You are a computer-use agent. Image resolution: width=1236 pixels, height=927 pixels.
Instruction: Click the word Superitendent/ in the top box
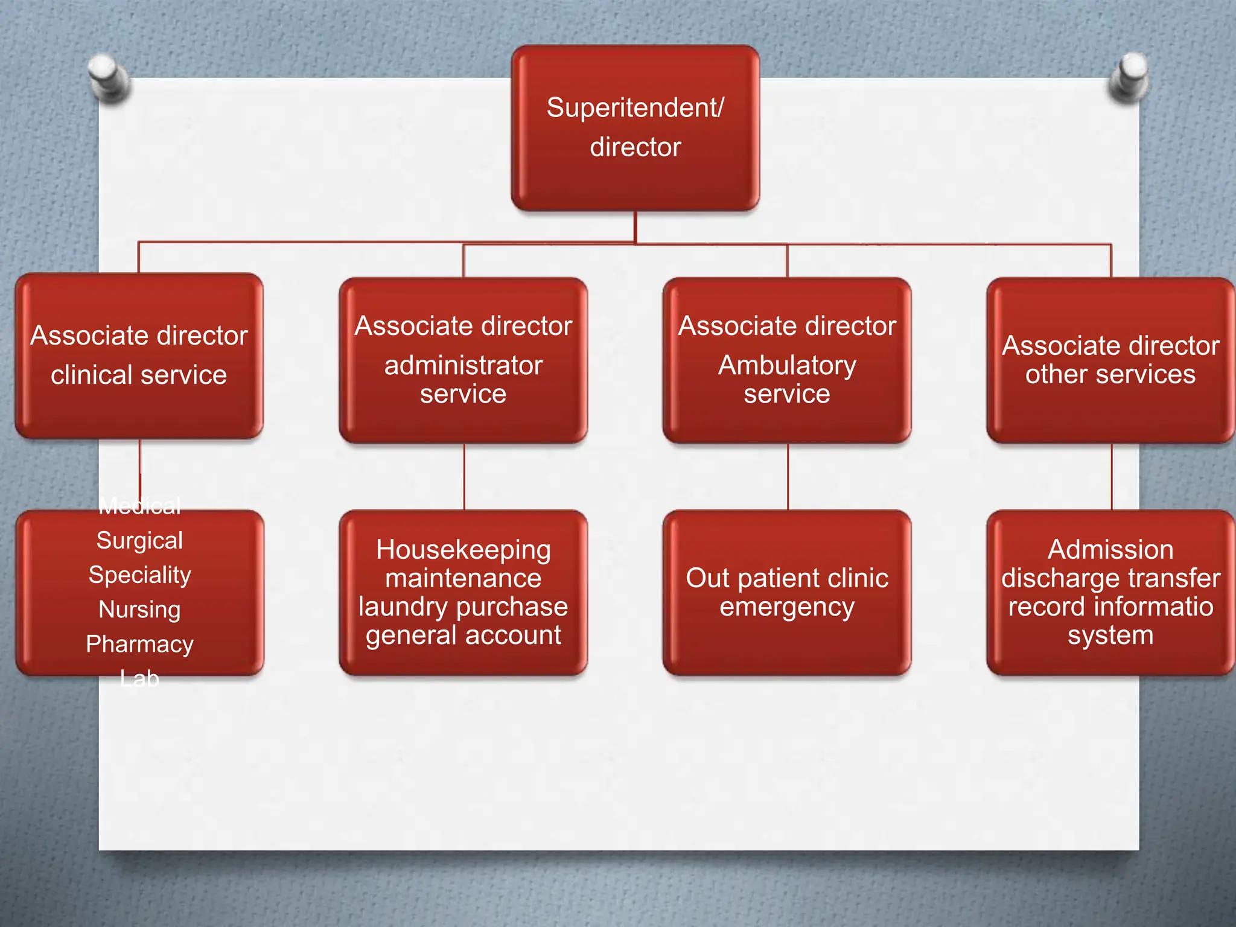click(x=635, y=108)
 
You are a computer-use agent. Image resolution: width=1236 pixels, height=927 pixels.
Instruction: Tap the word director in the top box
click(x=635, y=147)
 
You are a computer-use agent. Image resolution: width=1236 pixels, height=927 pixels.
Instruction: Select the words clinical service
click(x=139, y=375)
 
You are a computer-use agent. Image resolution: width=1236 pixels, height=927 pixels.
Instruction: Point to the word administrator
click(x=463, y=366)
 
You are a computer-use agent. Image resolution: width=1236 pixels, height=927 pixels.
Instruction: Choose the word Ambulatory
click(x=787, y=366)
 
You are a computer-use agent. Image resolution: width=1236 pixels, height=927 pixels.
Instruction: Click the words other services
click(x=1110, y=375)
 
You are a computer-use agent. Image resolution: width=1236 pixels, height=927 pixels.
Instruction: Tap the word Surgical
click(x=139, y=541)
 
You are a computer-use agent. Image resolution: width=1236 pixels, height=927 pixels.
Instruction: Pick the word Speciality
click(x=139, y=575)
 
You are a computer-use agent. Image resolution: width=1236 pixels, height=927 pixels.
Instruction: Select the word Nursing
click(x=139, y=610)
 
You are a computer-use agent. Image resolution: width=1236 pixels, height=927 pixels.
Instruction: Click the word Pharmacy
click(x=139, y=644)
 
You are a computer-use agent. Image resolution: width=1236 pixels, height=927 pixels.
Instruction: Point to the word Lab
click(x=139, y=679)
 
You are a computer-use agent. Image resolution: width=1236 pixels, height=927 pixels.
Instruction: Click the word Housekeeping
click(x=463, y=550)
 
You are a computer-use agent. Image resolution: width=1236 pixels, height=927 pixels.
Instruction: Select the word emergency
click(x=787, y=607)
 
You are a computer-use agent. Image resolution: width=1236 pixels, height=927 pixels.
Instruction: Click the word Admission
click(x=1110, y=550)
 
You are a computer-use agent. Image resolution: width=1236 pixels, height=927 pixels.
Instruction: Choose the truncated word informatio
click(x=1153, y=607)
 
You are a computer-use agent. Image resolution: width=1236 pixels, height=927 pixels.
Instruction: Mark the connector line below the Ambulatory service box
click(x=788, y=477)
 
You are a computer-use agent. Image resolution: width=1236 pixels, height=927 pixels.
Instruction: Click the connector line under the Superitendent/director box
click(x=635, y=227)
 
